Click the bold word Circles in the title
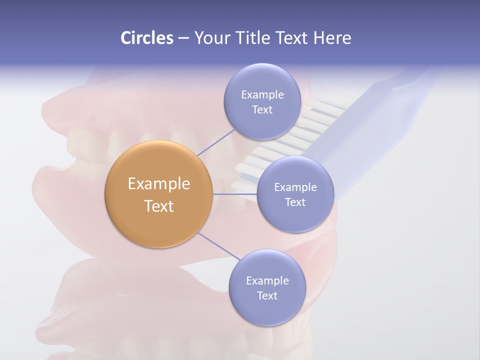tap(146, 38)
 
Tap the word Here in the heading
tap(332, 38)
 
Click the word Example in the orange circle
tap(159, 184)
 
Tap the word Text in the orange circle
tap(159, 206)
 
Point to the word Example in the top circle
tap(262, 95)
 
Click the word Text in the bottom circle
tap(267, 296)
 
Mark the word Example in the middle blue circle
tap(295, 187)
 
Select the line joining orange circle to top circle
tap(216, 142)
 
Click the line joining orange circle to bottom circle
tap(219, 246)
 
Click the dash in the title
tap(183, 38)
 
